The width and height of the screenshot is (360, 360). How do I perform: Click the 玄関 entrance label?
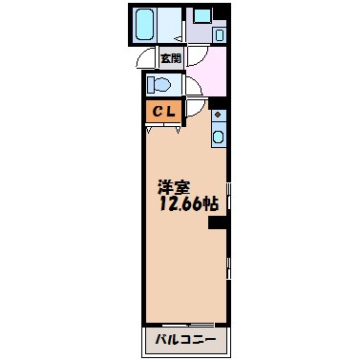[171, 57]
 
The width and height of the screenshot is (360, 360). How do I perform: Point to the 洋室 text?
[174, 187]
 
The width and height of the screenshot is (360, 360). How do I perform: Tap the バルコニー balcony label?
[186, 340]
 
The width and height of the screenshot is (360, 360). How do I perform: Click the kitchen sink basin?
[219, 138]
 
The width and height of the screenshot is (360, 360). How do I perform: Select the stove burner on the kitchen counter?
[219, 117]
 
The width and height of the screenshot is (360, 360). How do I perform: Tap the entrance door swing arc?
[145, 56]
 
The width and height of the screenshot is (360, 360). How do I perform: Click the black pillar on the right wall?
[218, 223]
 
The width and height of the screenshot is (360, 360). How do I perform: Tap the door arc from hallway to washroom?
[192, 56]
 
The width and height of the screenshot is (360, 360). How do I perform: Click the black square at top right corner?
[222, 12]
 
